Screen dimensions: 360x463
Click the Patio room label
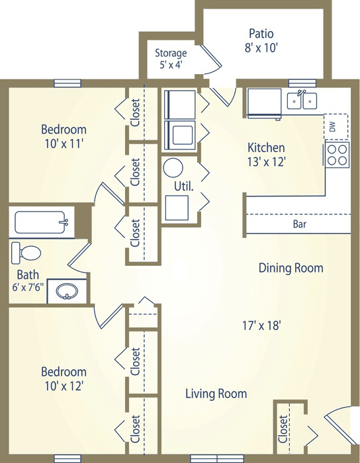[261, 33]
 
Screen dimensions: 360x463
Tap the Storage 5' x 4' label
[171, 59]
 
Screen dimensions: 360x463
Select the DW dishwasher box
[336, 127]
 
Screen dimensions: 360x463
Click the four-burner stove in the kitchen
[337, 154]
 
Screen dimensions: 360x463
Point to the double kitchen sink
[302, 101]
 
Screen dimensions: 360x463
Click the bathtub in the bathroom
[41, 222]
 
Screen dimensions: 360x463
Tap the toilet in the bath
[26, 253]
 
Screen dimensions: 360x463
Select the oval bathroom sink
[67, 292]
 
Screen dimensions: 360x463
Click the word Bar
[300, 224]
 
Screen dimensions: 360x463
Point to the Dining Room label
[291, 268]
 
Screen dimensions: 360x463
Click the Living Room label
[216, 394]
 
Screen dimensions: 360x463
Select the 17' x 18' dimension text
[261, 325]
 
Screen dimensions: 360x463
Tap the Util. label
[184, 187]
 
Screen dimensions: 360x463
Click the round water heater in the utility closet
[173, 168]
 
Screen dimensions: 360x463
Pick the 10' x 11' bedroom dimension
[64, 144]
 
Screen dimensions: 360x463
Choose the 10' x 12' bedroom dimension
[64, 386]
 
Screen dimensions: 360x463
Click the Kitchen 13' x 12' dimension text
[267, 161]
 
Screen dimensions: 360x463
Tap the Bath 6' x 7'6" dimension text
[28, 287]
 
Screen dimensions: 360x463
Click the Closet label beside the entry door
[283, 429]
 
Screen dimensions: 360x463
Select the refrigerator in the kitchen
[264, 103]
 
